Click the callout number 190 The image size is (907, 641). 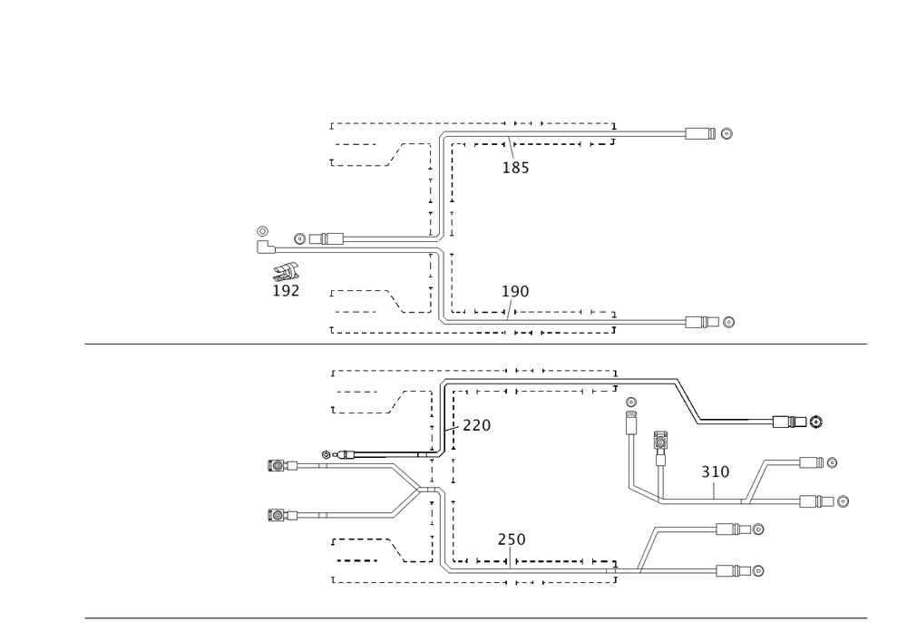coord(516,291)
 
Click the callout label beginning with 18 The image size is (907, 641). coord(516,168)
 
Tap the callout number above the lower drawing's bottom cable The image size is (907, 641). coord(512,539)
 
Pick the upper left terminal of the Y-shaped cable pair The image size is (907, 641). coord(278,466)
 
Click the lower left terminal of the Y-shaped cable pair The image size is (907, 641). coord(278,515)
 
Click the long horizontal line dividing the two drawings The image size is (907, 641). coord(476,344)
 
